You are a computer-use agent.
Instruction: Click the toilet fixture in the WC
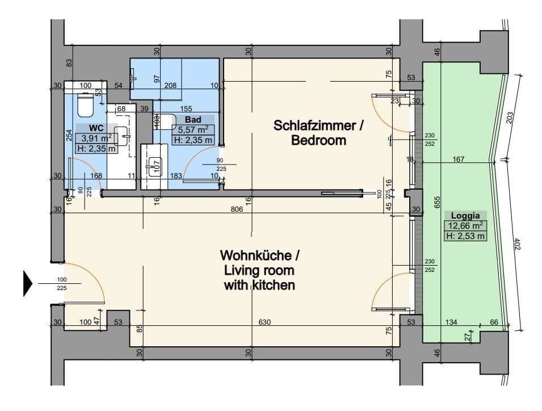[86, 104]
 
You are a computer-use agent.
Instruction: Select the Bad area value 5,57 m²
[193, 130]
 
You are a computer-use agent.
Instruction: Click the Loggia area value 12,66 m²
[465, 225]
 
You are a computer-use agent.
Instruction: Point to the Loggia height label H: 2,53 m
[465, 236]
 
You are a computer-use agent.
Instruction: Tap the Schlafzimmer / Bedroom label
[318, 133]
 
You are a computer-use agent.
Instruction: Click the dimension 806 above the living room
[237, 209]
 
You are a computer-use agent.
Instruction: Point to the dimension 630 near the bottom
[264, 322]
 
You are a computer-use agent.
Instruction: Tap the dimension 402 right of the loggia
[517, 244]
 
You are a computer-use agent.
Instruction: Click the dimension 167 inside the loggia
[459, 160]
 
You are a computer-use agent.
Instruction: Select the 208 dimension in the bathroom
[170, 85]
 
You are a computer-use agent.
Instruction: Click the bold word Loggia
[465, 216]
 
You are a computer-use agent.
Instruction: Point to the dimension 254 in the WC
[69, 136]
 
